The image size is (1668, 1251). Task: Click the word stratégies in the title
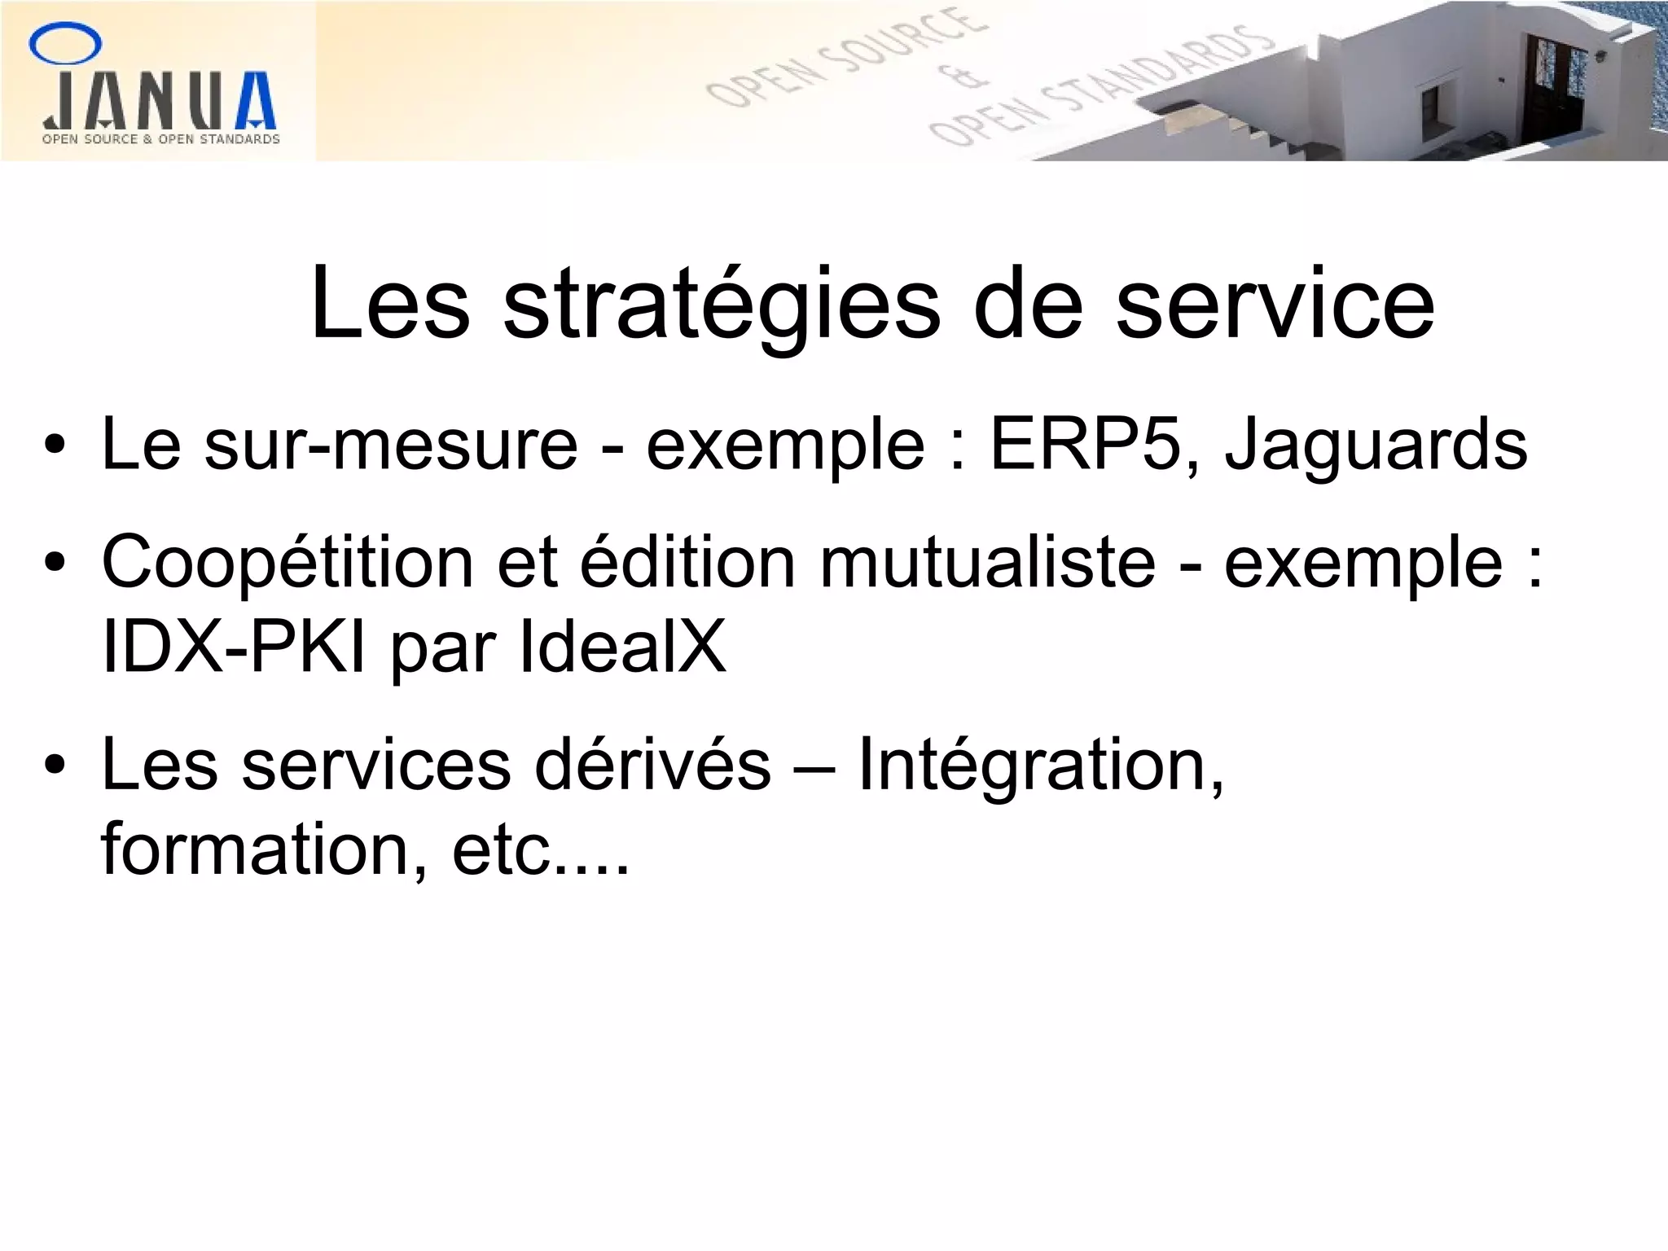point(721,304)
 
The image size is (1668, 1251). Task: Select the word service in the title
point(1274,304)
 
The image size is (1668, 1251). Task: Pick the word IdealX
point(622,648)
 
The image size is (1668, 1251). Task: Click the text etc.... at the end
point(541,850)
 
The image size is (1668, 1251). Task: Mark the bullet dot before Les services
point(55,766)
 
